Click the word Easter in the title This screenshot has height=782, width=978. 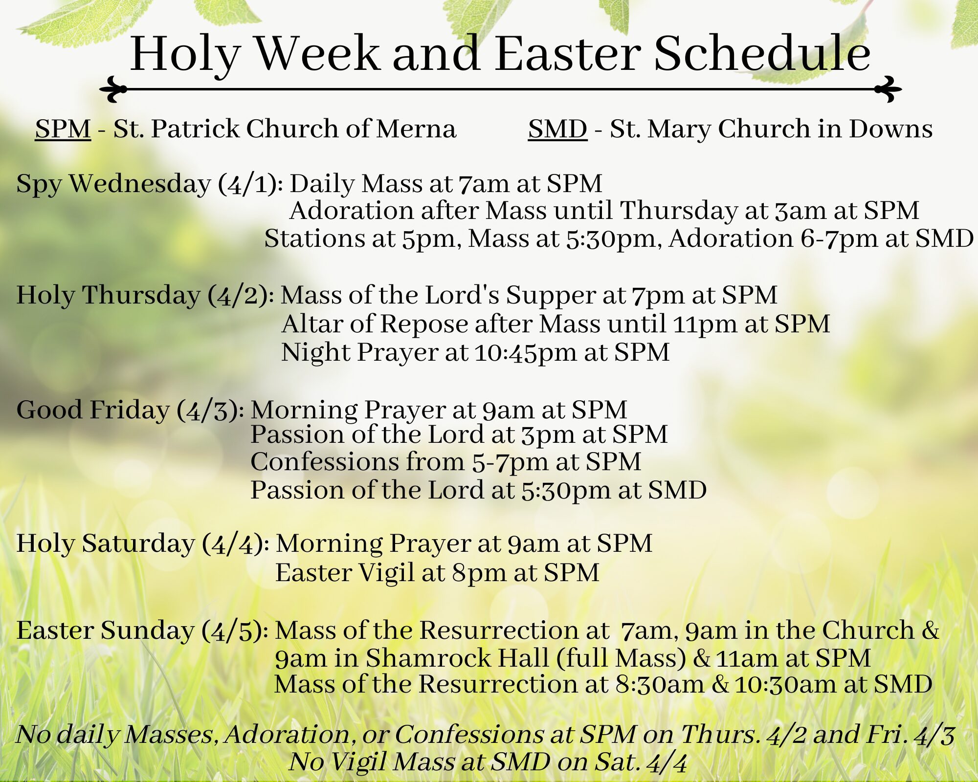[568, 53]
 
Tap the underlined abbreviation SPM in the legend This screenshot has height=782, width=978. [63, 129]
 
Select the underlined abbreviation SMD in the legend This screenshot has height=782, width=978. [557, 129]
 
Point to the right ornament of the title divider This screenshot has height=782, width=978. [888, 89]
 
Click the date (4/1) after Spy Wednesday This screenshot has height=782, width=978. [250, 184]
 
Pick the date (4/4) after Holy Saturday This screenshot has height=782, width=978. [235, 544]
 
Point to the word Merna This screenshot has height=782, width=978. [416, 129]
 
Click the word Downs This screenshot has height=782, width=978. [890, 129]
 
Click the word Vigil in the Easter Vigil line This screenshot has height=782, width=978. [386, 573]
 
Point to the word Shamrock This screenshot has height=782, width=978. [457, 658]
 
